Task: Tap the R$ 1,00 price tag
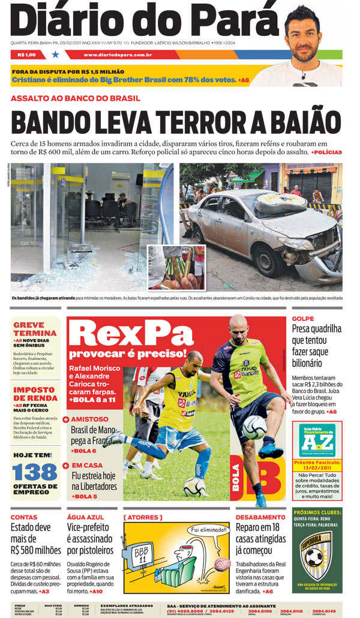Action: pyautogui.click(x=27, y=55)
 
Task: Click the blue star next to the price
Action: pyautogui.click(x=56, y=55)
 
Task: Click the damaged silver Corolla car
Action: pyautogui.click(x=264, y=231)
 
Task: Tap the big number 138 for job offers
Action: pyautogui.click(x=35, y=472)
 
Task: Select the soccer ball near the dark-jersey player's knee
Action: pyautogui.click(x=254, y=427)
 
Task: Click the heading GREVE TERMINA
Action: pyautogui.click(x=35, y=329)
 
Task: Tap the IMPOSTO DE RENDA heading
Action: pyautogui.click(x=35, y=394)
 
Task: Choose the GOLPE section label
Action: pyautogui.click(x=303, y=319)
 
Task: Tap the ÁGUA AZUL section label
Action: pyautogui.click(x=85, y=517)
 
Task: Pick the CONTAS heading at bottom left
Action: pyautogui.click(x=24, y=517)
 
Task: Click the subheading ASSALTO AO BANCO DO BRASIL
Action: pyautogui.click(x=76, y=98)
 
